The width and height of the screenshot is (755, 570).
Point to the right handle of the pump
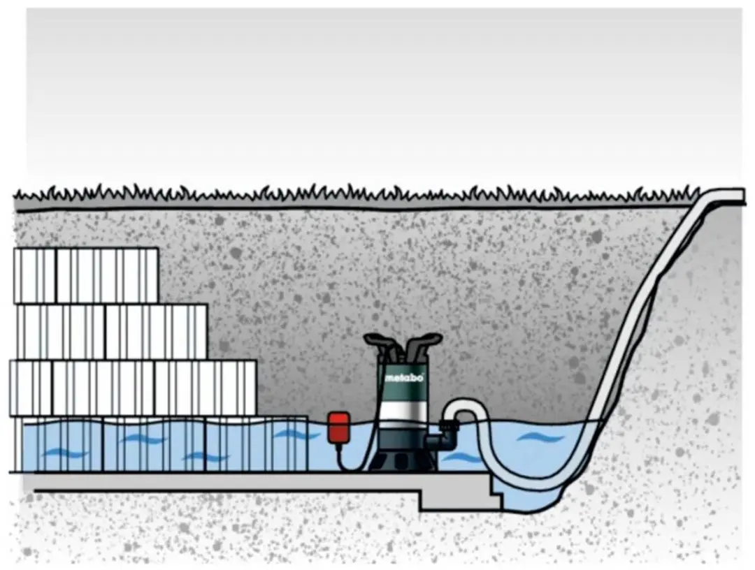click(x=423, y=342)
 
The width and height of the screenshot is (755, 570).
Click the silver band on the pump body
click(x=405, y=411)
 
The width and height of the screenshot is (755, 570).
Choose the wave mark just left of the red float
click(x=296, y=434)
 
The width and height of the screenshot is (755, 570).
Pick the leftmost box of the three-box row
click(x=31, y=388)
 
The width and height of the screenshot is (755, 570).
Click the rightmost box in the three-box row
click(x=205, y=388)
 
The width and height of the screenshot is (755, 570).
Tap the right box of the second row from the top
click(x=156, y=332)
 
